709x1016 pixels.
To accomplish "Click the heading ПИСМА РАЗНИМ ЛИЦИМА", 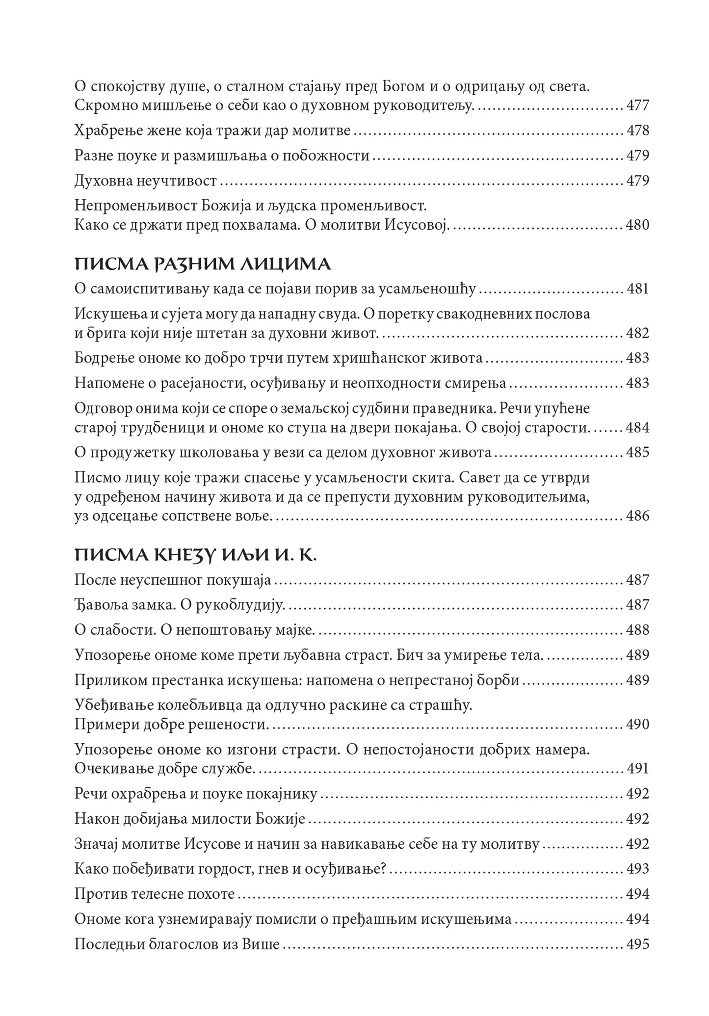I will (x=203, y=265).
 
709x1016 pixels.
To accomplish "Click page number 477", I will (x=638, y=105).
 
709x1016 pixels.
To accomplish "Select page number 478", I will (x=638, y=130).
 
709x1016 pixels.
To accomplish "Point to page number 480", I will (x=638, y=225).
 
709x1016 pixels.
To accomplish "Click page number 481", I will (x=638, y=289).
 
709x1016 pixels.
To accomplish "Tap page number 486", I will (x=638, y=516).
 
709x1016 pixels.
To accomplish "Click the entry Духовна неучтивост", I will (x=146, y=181).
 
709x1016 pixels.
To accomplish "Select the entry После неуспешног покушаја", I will (x=173, y=580).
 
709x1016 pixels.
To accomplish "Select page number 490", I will (x=638, y=725).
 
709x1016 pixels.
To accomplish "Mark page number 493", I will (x=638, y=869).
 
